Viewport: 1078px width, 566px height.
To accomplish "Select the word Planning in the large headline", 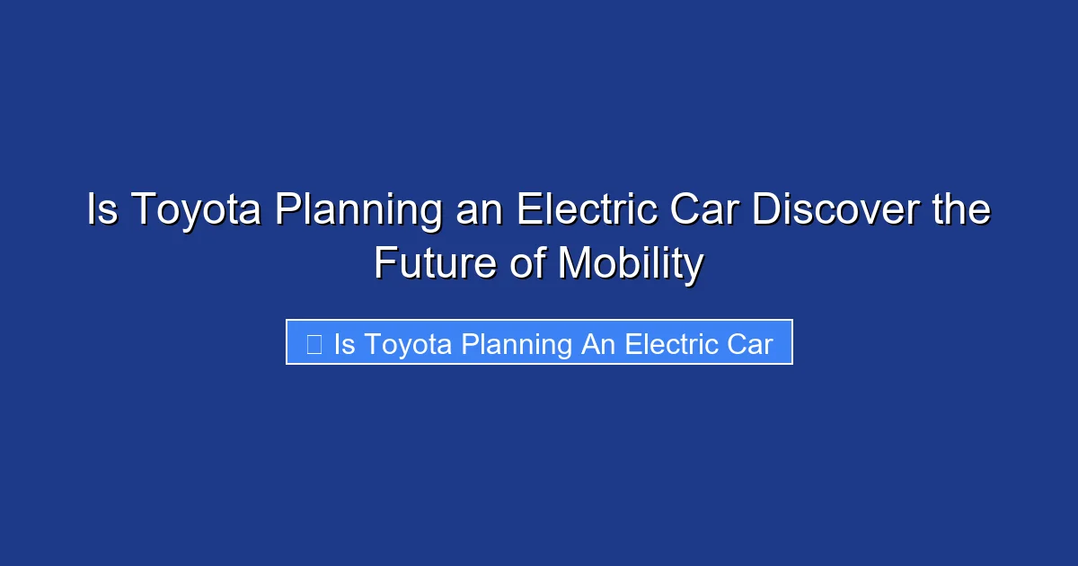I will [358, 211].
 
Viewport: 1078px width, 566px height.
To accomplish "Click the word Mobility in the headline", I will [630, 263].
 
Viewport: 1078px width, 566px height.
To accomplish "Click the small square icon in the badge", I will [314, 343].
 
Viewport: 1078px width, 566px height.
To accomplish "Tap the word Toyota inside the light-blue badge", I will [409, 344].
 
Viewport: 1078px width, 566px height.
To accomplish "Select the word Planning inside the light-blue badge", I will [517, 344].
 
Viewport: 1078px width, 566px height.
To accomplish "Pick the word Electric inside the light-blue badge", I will [669, 344].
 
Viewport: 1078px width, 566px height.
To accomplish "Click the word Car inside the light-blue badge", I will [751, 344].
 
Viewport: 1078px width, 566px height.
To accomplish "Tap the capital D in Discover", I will [769, 211].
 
